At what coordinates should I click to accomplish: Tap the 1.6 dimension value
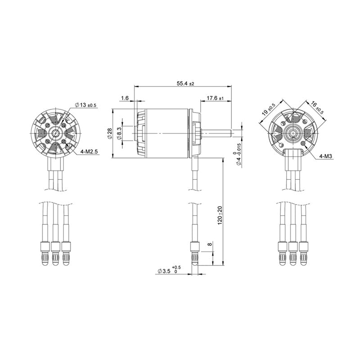click(125, 98)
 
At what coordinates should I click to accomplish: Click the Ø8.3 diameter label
click(119, 134)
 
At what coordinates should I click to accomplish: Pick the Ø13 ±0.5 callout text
click(85, 105)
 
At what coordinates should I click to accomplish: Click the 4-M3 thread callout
click(325, 156)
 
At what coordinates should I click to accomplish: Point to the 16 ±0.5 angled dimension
click(317, 108)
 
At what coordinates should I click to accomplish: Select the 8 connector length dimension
click(209, 246)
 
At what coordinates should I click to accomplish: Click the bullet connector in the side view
click(195, 254)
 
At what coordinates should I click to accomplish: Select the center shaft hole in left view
click(55, 134)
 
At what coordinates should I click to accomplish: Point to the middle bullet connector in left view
click(55, 254)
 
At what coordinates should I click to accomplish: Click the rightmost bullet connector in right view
click(305, 254)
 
